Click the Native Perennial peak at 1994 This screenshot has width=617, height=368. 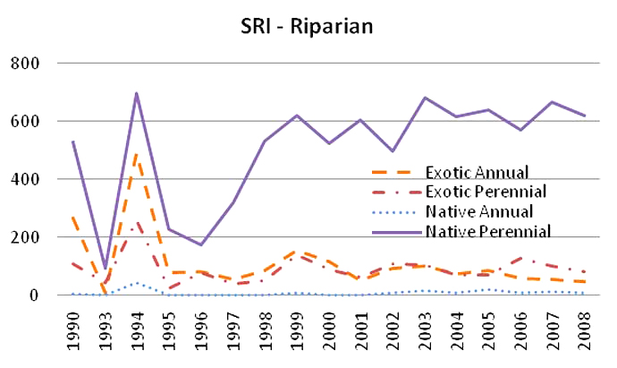136,92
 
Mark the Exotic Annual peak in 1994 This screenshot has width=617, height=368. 136,154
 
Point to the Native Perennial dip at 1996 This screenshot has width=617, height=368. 199,244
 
